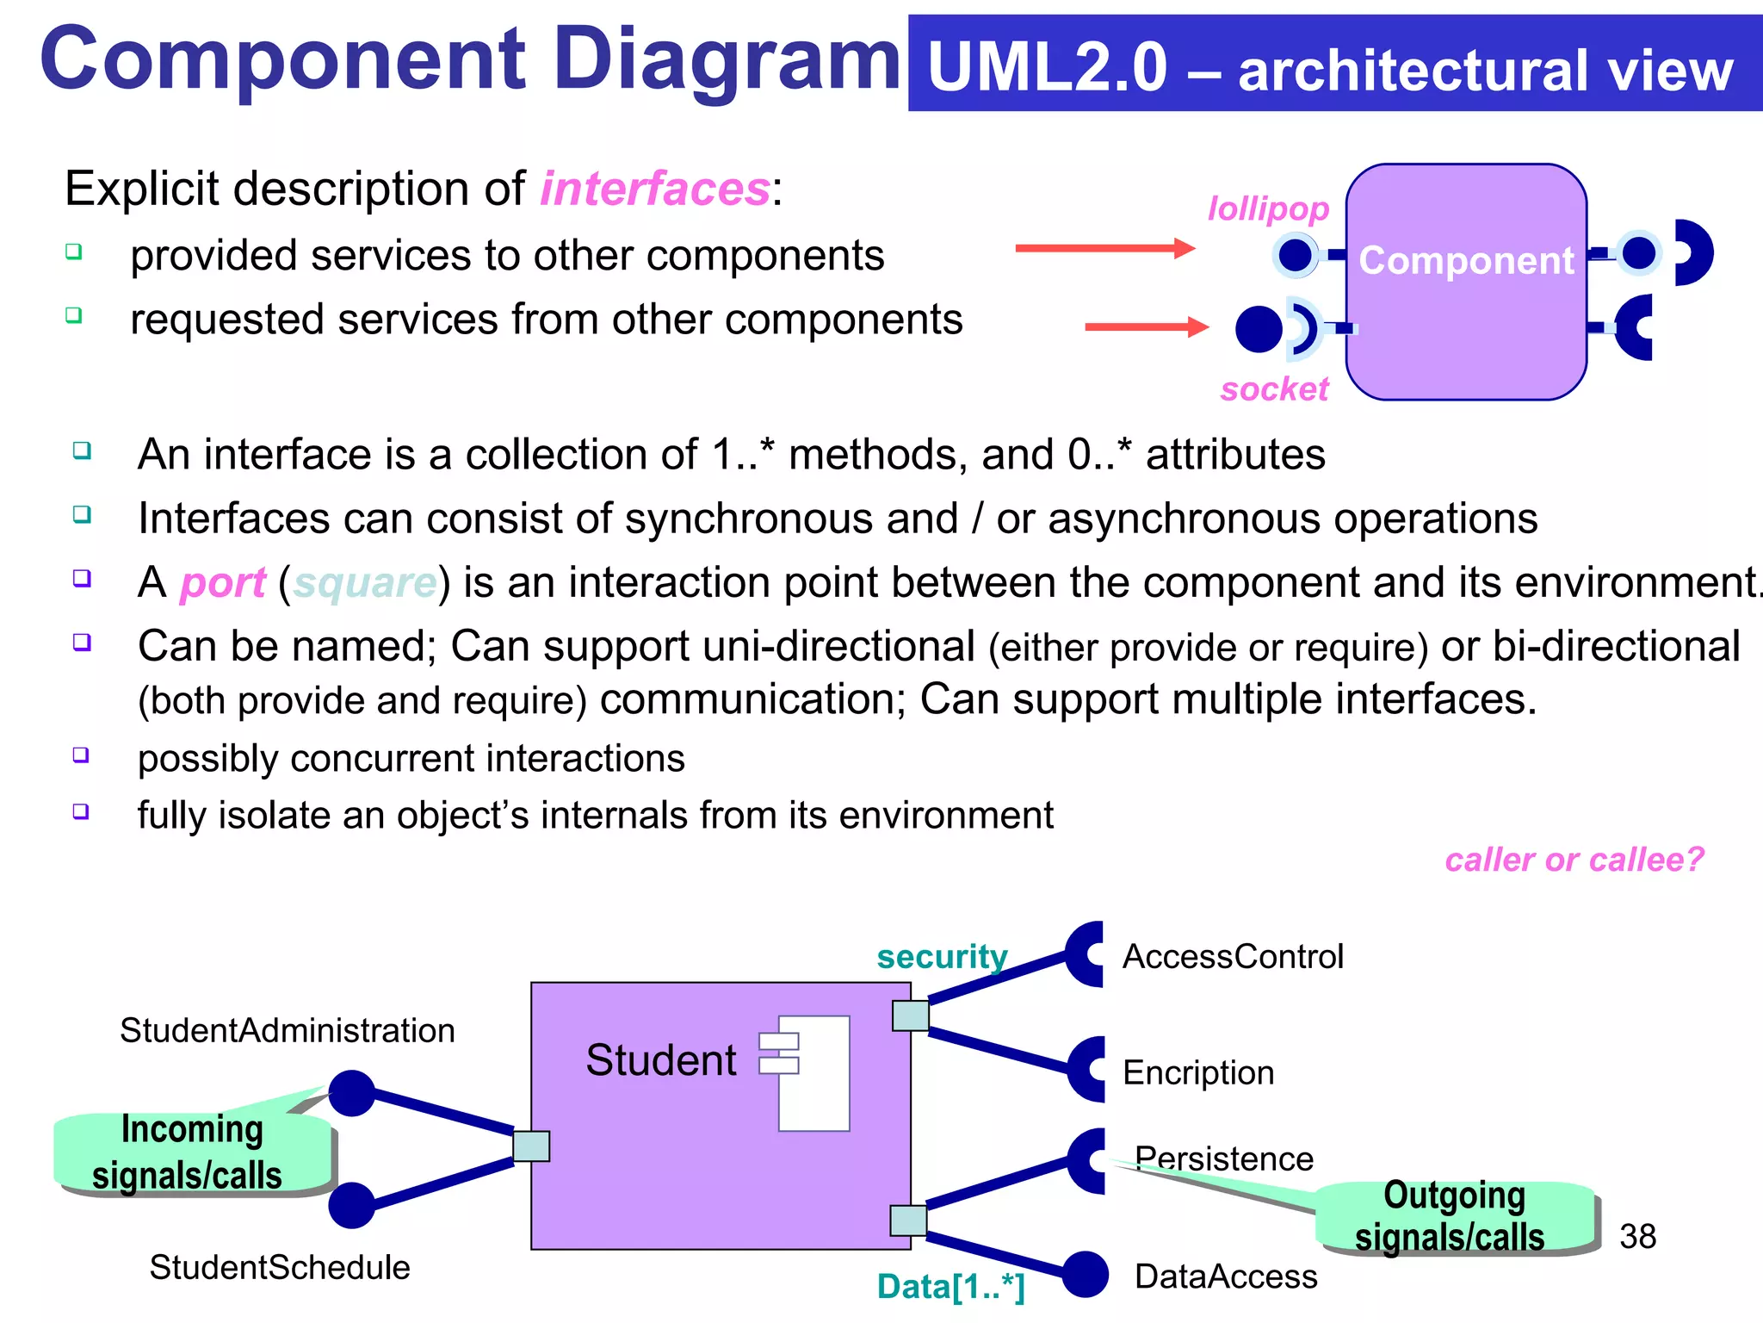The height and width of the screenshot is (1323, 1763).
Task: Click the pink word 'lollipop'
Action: click(x=1268, y=209)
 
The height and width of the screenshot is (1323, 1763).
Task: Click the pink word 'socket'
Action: click(x=1274, y=389)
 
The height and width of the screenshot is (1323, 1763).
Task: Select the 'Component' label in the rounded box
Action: click(x=1466, y=260)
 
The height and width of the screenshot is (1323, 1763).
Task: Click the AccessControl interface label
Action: click(x=1232, y=957)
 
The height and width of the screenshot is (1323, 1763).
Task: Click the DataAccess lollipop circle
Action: click(x=1085, y=1274)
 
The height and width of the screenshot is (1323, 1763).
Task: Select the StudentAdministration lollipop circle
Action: click(x=351, y=1093)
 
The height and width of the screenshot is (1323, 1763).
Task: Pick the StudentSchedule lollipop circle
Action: click(x=351, y=1205)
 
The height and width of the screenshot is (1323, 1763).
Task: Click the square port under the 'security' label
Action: click(x=910, y=1016)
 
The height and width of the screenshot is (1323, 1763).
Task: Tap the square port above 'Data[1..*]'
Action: click(x=908, y=1221)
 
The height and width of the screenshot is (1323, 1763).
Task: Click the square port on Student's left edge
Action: click(x=531, y=1146)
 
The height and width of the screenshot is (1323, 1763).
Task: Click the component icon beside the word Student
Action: click(x=805, y=1072)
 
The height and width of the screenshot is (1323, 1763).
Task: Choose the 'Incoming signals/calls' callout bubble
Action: click(x=191, y=1152)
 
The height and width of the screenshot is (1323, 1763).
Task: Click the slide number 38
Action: click(x=1637, y=1237)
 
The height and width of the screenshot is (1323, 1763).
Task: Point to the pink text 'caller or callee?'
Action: click(x=1574, y=860)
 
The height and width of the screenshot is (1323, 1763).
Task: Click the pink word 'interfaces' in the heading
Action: click(x=655, y=189)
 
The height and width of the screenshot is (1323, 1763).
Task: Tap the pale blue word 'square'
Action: click(x=365, y=583)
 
